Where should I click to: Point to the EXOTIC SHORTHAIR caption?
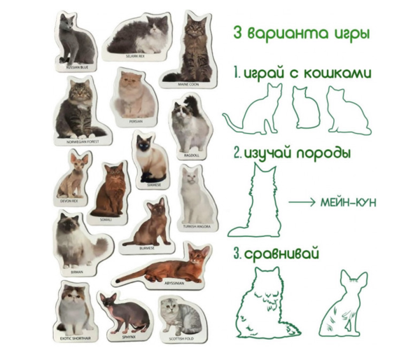click(x=76, y=337)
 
